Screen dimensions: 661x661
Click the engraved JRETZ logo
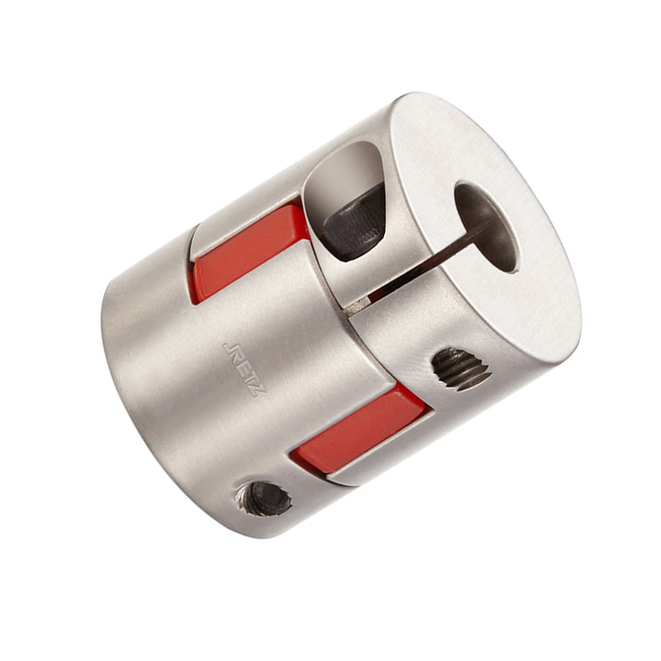tap(245, 369)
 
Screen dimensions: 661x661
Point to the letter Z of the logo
tap(259, 389)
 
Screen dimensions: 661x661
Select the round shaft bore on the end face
tap(486, 228)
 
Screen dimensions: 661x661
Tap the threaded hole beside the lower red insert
tap(461, 369)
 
